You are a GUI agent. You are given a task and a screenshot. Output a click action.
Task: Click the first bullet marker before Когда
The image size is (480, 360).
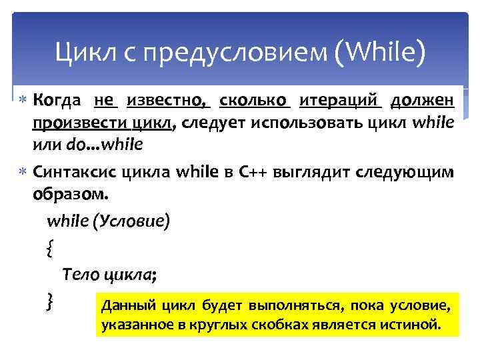point(23,101)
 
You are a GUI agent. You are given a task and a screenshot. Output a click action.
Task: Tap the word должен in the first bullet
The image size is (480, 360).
point(423,101)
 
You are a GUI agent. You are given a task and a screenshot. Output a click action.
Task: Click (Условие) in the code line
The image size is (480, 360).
point(134,221)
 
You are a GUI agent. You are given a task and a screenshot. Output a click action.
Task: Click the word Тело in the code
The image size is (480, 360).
point(79,275)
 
